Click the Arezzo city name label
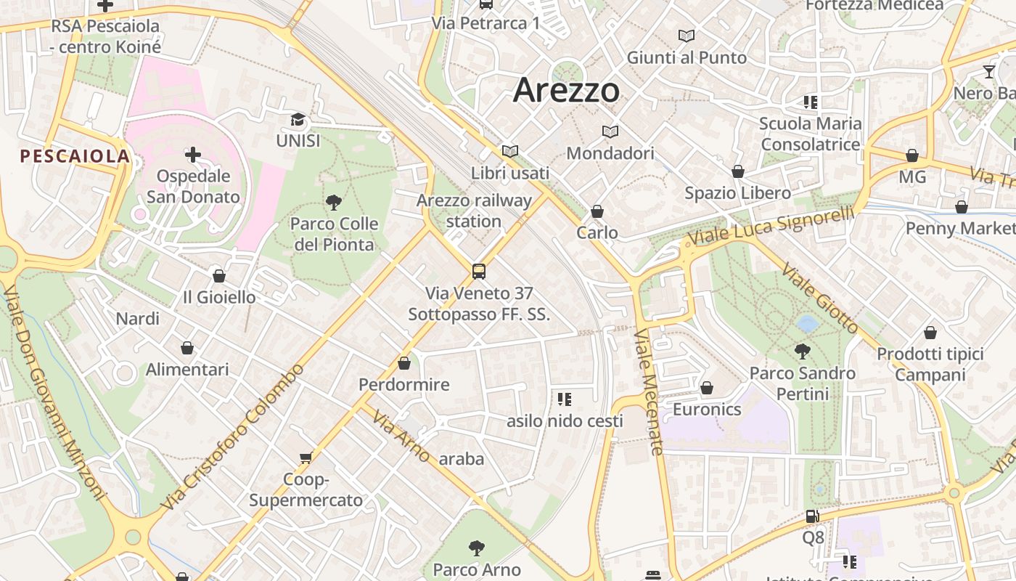[566, 91]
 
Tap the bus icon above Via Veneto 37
[479, 272]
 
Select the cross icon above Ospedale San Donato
[193, 155]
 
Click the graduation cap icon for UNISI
[298, 120]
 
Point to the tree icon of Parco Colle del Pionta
[334, 203]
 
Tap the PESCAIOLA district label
[75, 156]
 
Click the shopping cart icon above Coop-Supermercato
[306, 458]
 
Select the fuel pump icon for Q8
[813, 516]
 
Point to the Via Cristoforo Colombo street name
[234, 437]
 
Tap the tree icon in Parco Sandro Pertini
[802, 352]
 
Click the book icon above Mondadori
[610, 131]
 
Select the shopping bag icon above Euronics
[707, 388]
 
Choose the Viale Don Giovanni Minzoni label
[54, 392]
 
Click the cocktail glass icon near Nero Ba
[988, 71]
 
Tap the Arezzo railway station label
[474, 211]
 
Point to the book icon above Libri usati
[510, 151]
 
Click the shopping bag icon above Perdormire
[404, 363]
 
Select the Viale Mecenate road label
[649, 392]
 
